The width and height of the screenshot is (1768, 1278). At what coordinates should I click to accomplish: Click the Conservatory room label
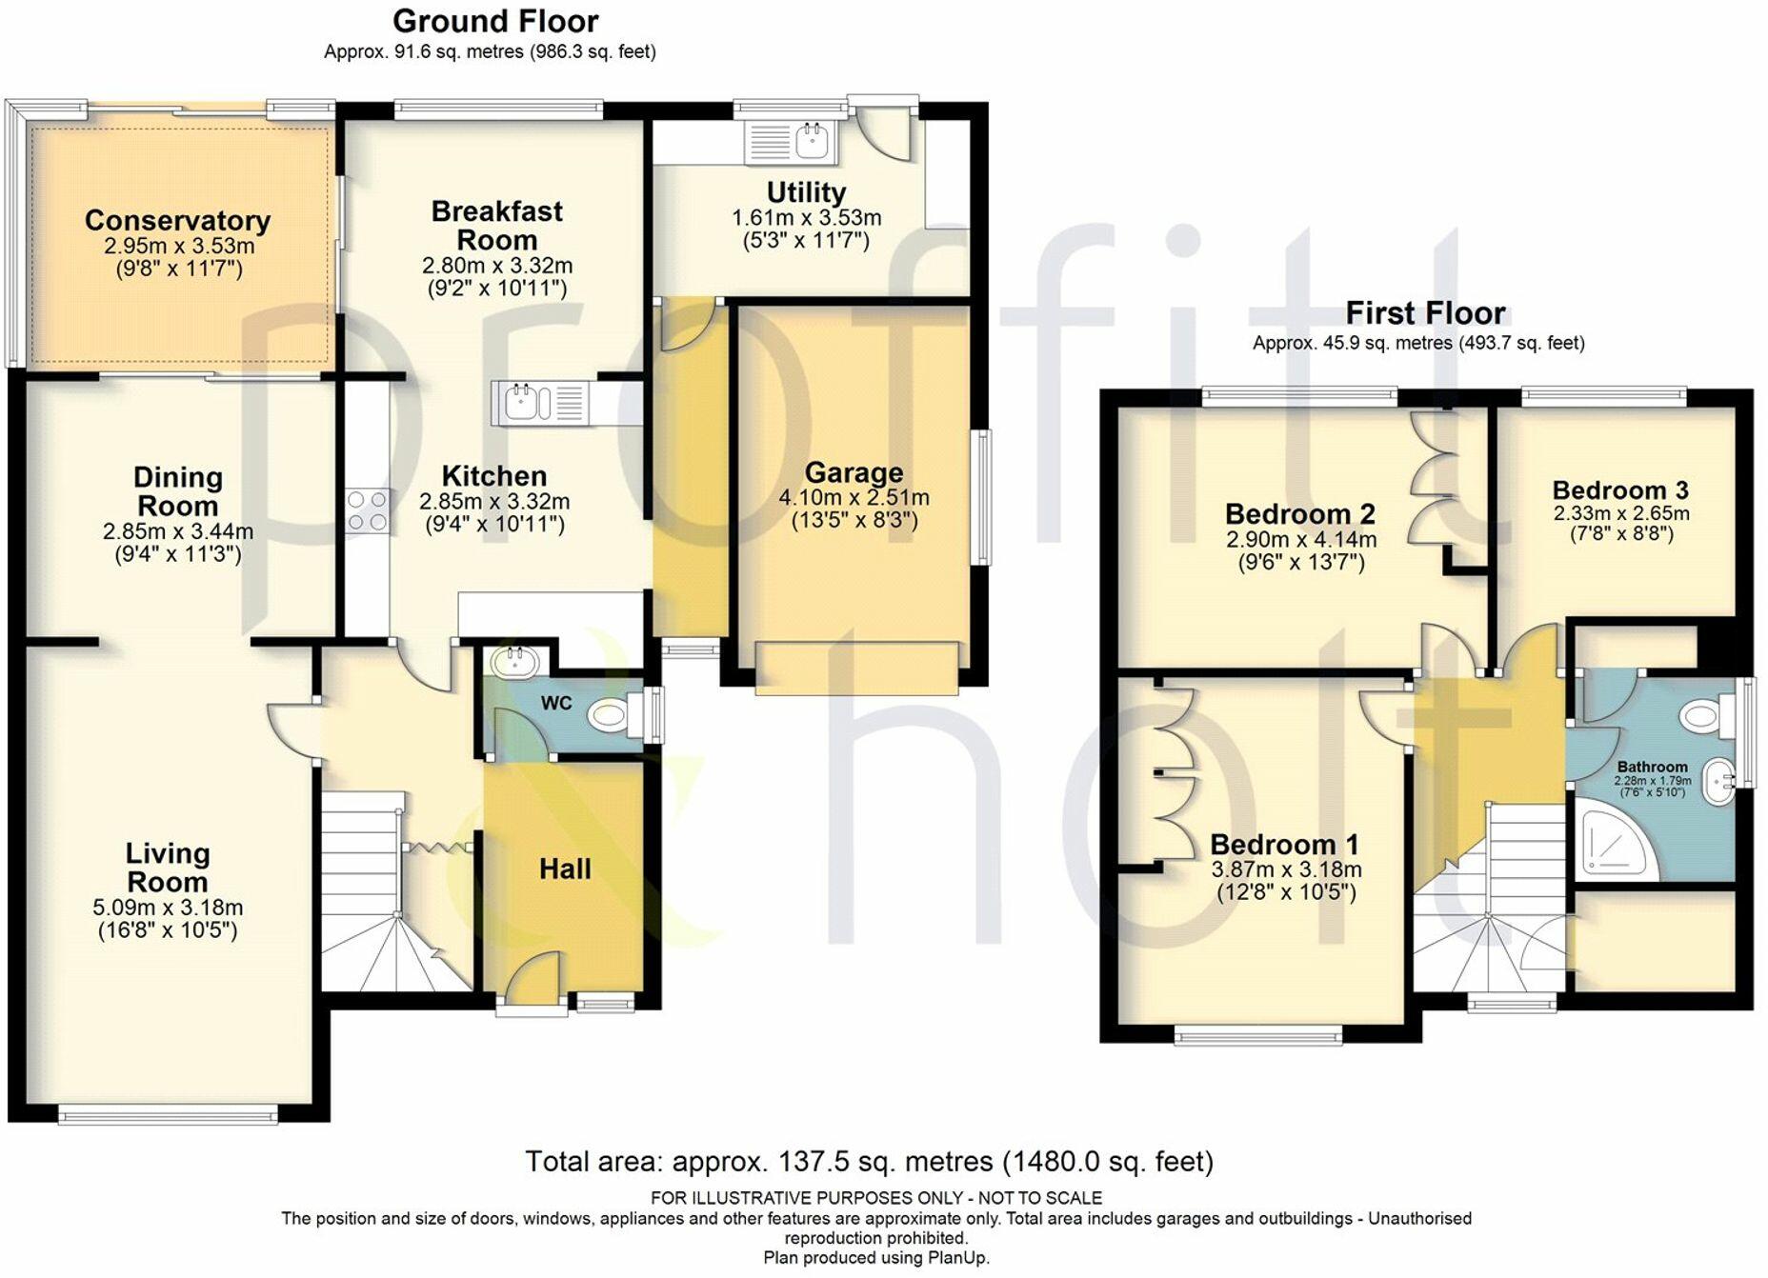177,221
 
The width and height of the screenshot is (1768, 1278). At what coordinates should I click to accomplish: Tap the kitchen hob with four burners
367,510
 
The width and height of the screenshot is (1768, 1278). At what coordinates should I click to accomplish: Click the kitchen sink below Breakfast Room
522,402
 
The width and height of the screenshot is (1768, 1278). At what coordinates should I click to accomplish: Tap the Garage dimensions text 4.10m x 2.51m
854,498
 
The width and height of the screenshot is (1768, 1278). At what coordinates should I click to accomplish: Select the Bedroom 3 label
1619,490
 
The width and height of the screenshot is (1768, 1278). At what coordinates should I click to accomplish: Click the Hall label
565,869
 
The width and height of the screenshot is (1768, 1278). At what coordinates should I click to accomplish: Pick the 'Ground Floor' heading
495,21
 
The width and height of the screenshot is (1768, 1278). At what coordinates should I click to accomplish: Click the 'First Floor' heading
1425,312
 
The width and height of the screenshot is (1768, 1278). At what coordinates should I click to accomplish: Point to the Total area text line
869,1162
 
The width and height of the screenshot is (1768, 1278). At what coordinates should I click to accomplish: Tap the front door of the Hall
532,981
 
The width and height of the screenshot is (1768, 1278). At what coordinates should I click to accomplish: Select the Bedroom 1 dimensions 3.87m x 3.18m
1286,869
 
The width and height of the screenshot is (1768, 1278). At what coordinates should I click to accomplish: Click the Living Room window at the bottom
168,1113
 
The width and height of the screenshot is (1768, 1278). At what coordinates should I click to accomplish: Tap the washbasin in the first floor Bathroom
1718,781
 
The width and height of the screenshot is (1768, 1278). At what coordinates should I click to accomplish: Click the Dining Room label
178,491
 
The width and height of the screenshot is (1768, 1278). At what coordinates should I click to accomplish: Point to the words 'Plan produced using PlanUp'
875,1258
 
